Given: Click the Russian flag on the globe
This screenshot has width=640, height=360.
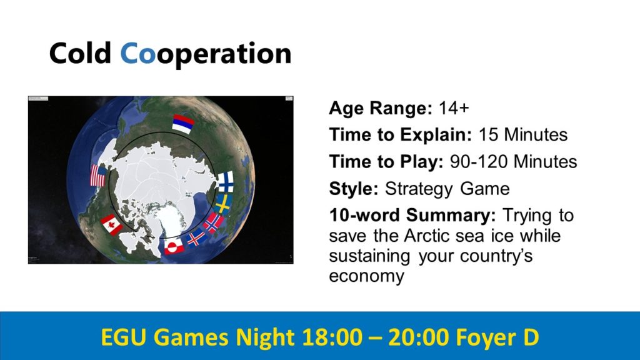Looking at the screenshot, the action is tap(182, 124).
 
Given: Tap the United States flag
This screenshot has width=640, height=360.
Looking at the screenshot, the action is tap(98, 176).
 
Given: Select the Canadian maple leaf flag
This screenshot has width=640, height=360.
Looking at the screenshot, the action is tap(111, 224).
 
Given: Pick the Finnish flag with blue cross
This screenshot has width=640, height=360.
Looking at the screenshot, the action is tap(225, 182).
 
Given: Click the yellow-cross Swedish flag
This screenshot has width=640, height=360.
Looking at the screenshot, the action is tap(223, 204).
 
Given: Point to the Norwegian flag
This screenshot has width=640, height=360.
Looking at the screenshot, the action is tap(214, 223).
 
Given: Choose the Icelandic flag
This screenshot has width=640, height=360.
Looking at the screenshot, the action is tap(197, 238).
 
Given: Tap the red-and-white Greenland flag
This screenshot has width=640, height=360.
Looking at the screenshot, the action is tap(174, 246).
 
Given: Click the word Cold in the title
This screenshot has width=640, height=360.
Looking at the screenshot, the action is tap(80, 53).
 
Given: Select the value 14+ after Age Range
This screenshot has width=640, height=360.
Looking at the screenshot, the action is tap(454, 108).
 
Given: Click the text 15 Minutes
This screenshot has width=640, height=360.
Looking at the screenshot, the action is tap(523, 135).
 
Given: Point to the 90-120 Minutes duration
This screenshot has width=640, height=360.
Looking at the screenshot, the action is tap(514, 162).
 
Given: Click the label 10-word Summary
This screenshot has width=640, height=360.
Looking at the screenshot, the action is tap(412, 215).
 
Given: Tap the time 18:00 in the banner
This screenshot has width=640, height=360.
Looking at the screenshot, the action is tap(332, 337).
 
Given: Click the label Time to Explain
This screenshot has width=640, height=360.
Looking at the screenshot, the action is tap(401, 135).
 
